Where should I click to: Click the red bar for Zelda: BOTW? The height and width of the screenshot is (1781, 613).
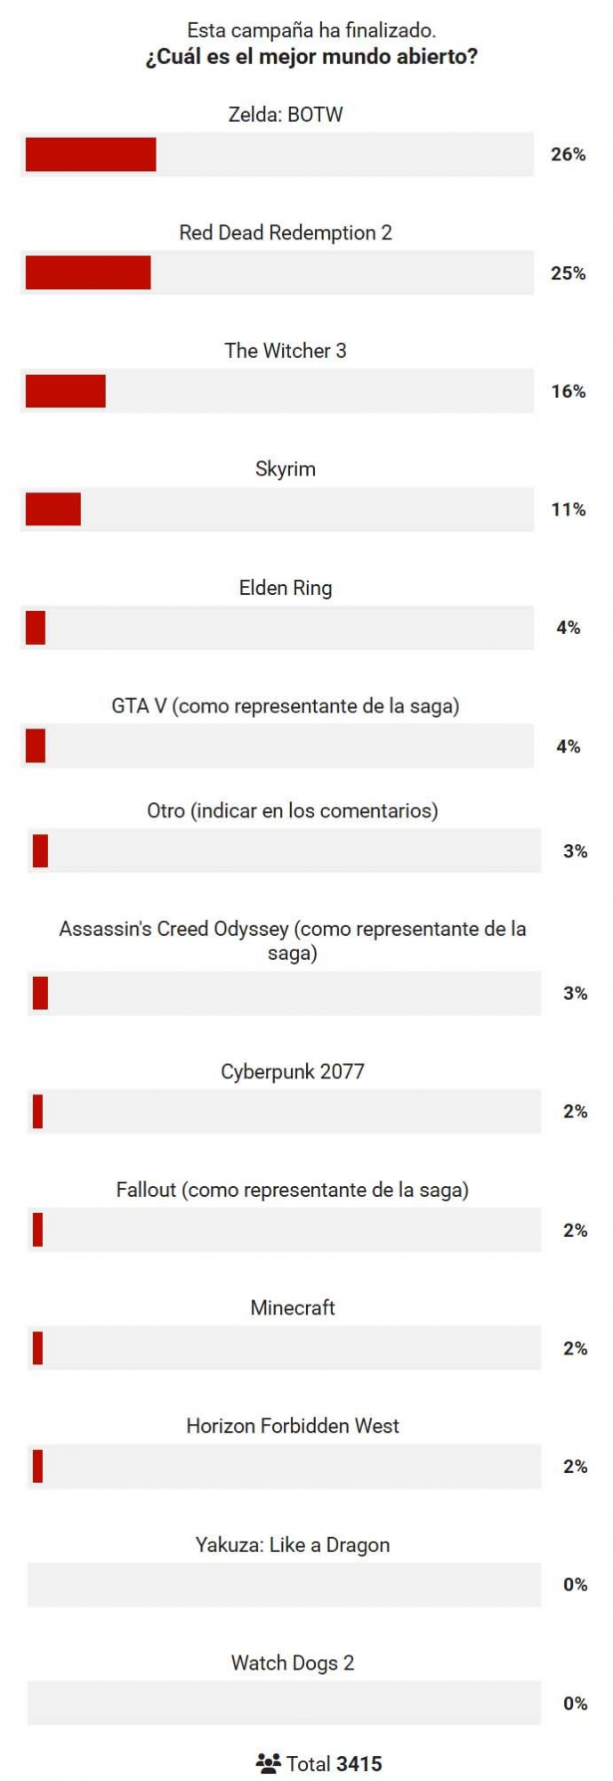click(91, 154)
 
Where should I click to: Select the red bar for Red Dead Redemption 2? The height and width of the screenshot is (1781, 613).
click(88, 272)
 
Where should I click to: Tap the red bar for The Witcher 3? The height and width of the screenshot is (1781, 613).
click(66, 391)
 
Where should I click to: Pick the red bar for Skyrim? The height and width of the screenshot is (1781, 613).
click(53, 509)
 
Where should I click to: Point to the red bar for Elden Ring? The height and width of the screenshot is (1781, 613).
click(36, 628)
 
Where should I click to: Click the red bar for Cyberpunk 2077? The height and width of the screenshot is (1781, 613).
click(38, 1111)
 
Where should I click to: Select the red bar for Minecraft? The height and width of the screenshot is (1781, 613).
click(38, 1348)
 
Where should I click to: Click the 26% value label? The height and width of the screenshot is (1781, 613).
click(568, 154)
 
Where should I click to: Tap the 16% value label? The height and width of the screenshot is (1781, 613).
click(568, 391)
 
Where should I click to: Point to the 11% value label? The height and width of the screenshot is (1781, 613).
click(568, 509)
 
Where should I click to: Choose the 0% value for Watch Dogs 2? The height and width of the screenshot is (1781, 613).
click(575, 1704)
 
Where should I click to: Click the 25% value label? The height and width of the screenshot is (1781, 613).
click(568, 272)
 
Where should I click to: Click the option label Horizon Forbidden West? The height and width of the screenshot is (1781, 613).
click(293, 1426)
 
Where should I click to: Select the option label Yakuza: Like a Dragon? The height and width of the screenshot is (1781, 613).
click(293, 1545)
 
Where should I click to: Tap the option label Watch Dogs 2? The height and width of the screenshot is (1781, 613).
click(293, 1663)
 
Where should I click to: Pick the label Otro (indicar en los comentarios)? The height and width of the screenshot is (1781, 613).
click(293, 810)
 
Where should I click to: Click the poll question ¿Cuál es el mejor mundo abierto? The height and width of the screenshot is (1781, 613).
click(311, 57)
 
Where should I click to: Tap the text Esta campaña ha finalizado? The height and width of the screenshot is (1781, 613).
click(311, 29)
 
